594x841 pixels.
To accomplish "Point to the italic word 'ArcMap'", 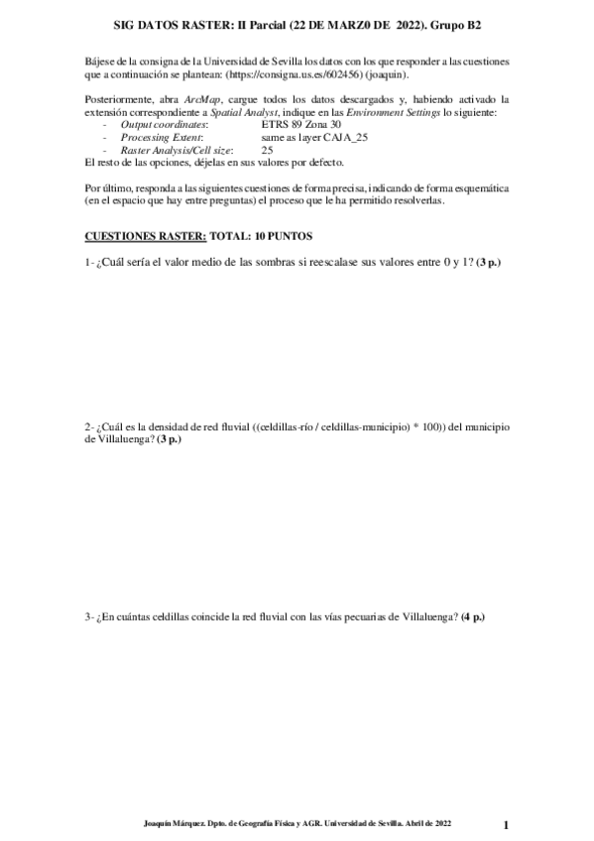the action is point(201,100).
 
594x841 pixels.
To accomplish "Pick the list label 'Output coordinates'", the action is point(164,126).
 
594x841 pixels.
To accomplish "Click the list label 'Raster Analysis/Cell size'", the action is point(177,150).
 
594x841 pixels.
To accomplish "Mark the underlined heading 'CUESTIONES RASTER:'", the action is point(146,237).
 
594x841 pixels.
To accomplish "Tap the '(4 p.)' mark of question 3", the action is point(473,617).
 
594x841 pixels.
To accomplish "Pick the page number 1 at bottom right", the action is point(505,825).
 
